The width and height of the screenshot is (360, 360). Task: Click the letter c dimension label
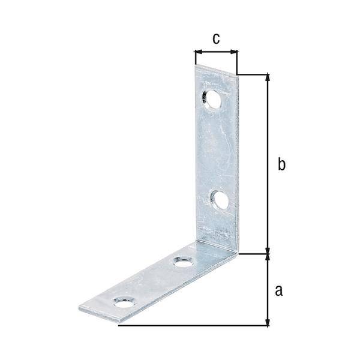point(216,38)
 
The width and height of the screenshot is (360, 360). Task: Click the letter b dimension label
point(281,164)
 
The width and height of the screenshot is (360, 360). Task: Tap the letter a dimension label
point(278,291)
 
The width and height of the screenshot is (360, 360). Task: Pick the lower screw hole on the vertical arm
point(220,200)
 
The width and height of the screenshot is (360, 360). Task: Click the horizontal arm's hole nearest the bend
point(182,262)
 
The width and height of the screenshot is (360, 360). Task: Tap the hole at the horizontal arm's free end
point(124,301)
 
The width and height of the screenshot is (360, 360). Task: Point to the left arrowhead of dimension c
point(197,52)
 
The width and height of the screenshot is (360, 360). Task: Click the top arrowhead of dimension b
point(268,77)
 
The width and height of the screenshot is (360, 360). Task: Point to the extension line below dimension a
point(192,326)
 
